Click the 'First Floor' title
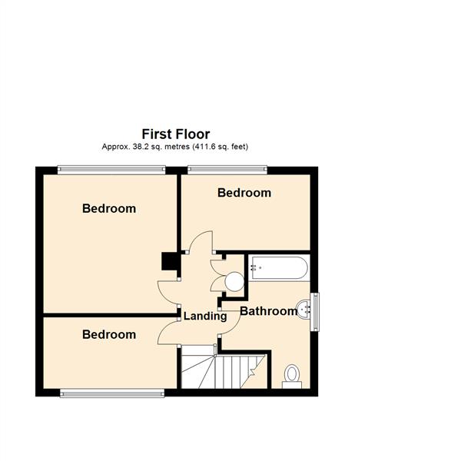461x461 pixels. pos(175,134)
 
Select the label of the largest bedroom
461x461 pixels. pos(109,208)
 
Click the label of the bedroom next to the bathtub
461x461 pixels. pos(244,193)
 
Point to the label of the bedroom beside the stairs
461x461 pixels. pos(109,334)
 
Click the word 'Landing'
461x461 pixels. pos(205,316)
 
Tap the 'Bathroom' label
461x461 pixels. pos(268,311)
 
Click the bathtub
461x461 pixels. pos(278,269)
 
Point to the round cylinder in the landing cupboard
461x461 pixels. pos(233,282)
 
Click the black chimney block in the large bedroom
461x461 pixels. pos(169,262)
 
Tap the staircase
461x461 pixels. pos(223,370)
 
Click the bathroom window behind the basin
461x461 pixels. pos(315,310)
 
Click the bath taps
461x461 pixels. pos(256,269)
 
